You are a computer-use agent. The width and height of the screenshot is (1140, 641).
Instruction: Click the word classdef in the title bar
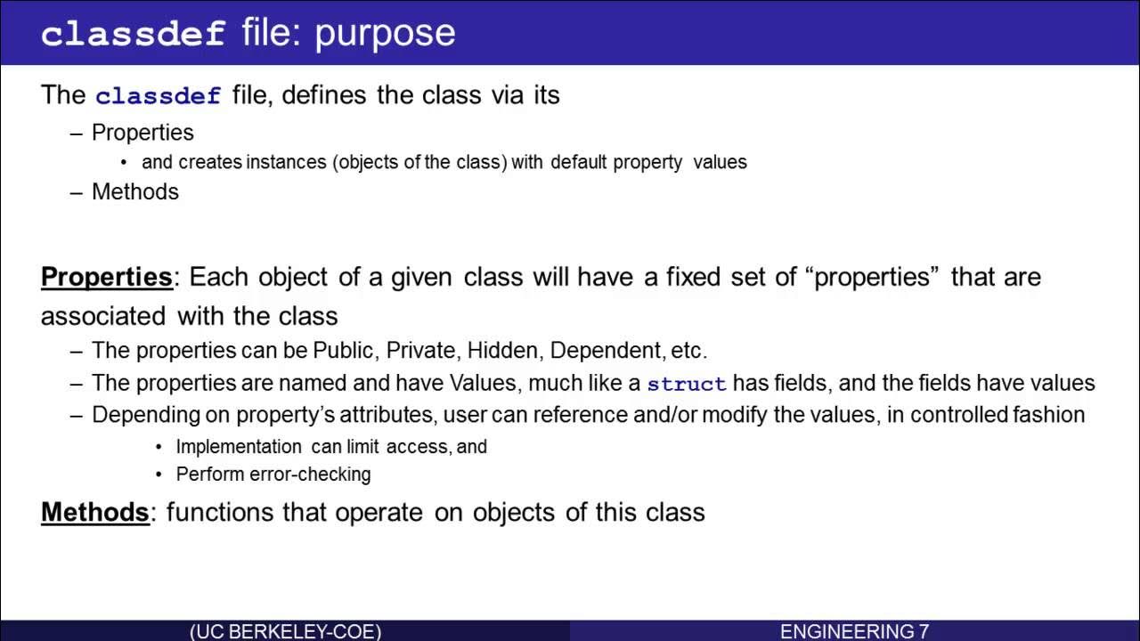pos(132,34)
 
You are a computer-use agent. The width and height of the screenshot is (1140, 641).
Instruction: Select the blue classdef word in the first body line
pos(158,95)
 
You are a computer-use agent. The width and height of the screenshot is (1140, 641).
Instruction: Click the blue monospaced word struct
pos(687,385)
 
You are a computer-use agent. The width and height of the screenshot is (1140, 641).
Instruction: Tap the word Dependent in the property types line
pos(606,351)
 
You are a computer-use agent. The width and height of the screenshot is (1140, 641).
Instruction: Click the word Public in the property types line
pos(344,351)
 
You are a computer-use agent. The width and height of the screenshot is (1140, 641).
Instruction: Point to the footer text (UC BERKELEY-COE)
pos(285,631)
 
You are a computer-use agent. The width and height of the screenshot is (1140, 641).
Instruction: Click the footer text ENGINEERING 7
pos(854,631)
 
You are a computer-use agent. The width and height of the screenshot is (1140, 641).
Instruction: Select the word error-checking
pos(311,475)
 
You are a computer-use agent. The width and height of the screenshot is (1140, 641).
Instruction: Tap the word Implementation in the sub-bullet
pos(239,447)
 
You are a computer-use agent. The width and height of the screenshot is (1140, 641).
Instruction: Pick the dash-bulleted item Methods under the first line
pos(135,192)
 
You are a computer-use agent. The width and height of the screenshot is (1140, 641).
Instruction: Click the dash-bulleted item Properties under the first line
pos(142,133)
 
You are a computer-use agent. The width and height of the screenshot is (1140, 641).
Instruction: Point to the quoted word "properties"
pos(873,277)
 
